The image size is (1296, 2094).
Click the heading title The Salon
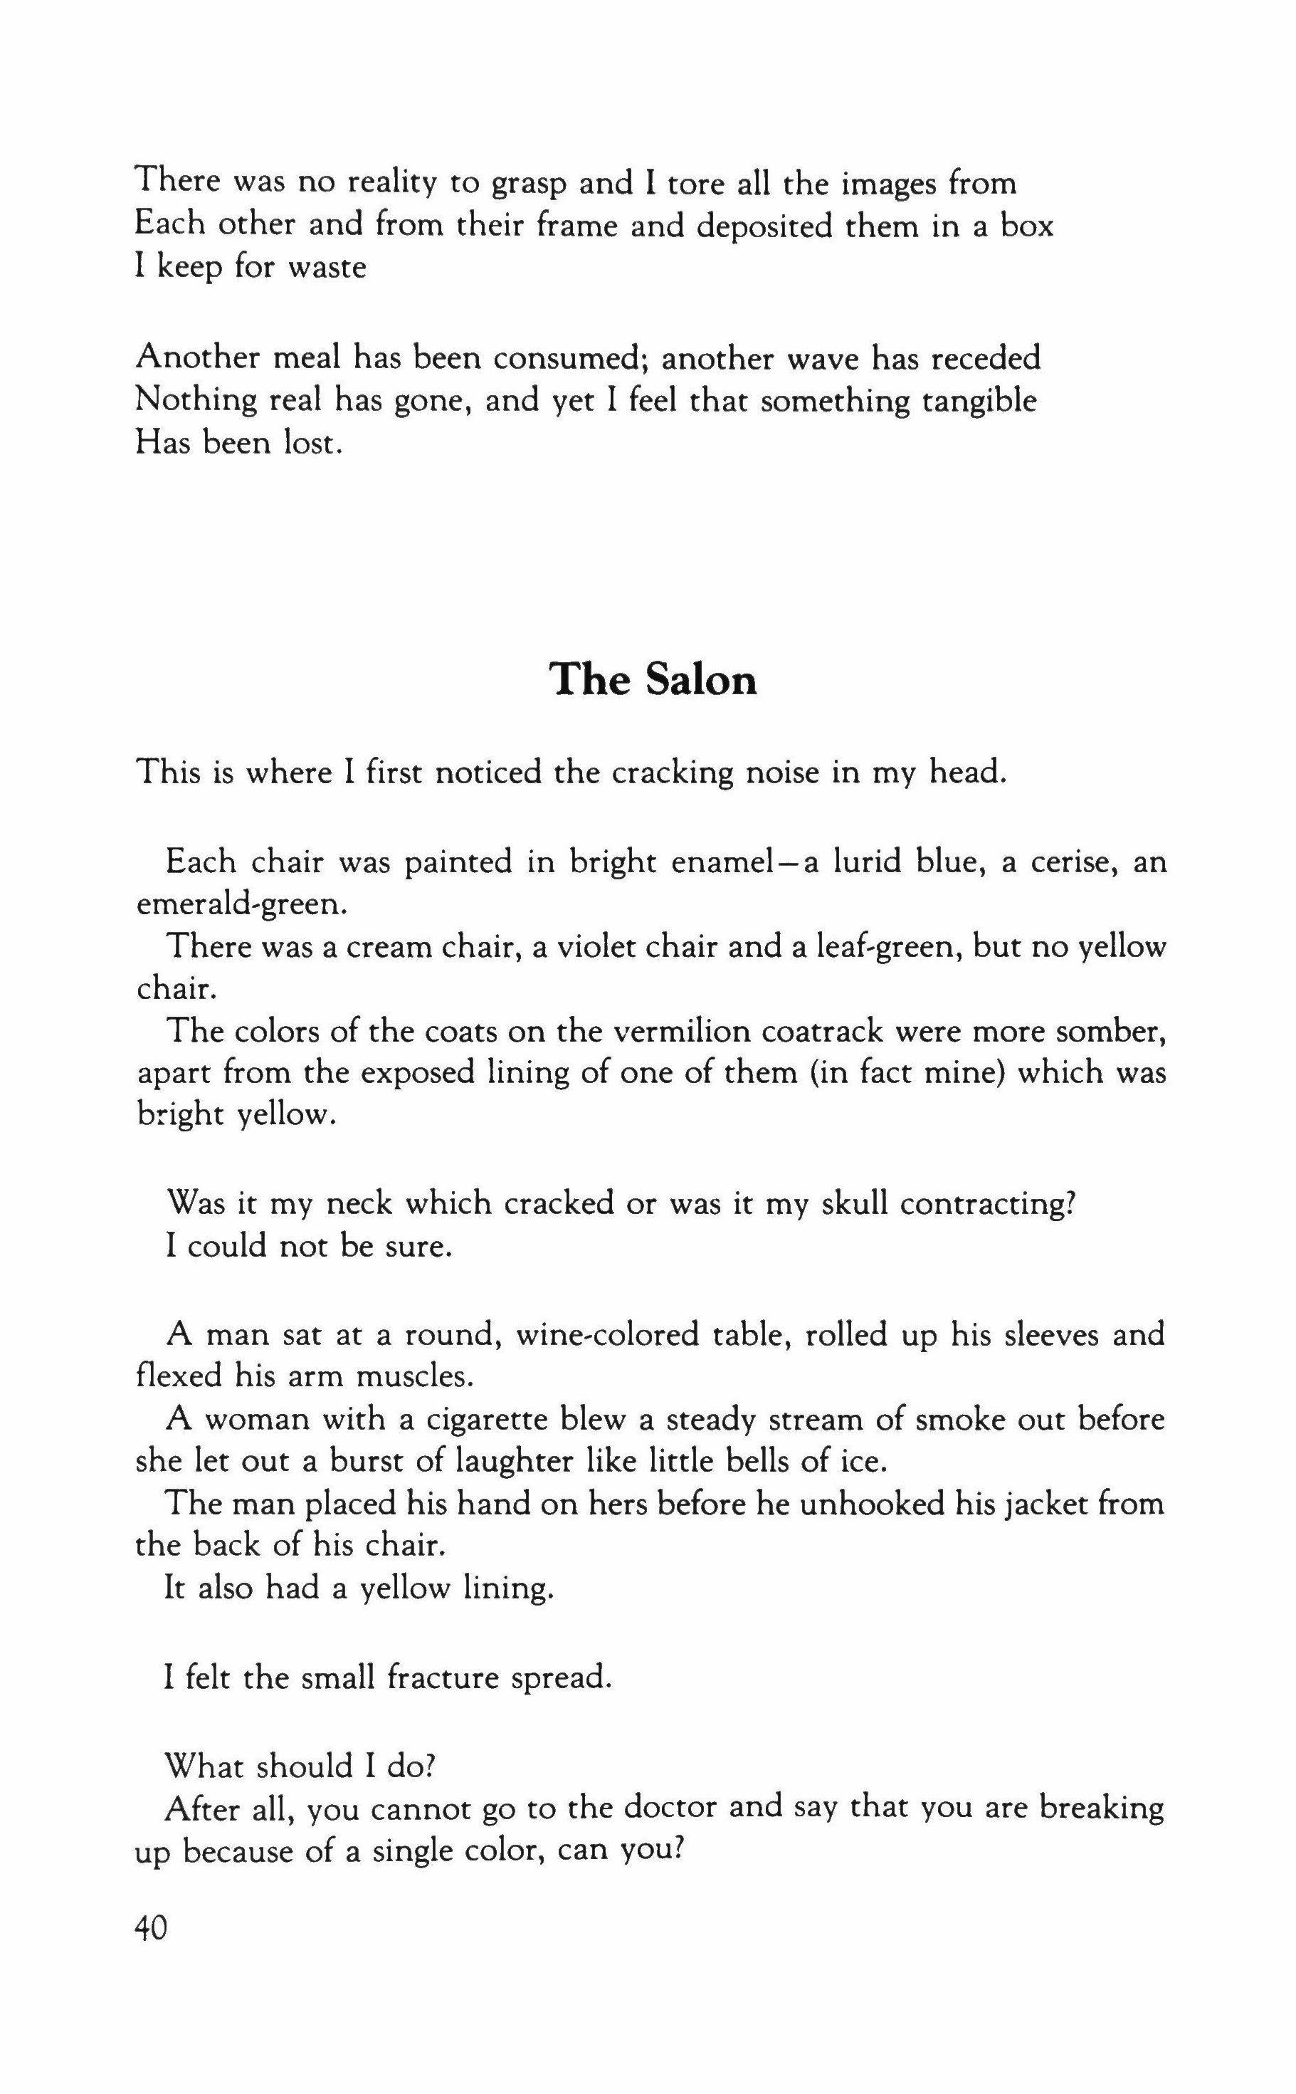[x=653, y=680]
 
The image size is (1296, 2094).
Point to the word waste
[x=327, y=268]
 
